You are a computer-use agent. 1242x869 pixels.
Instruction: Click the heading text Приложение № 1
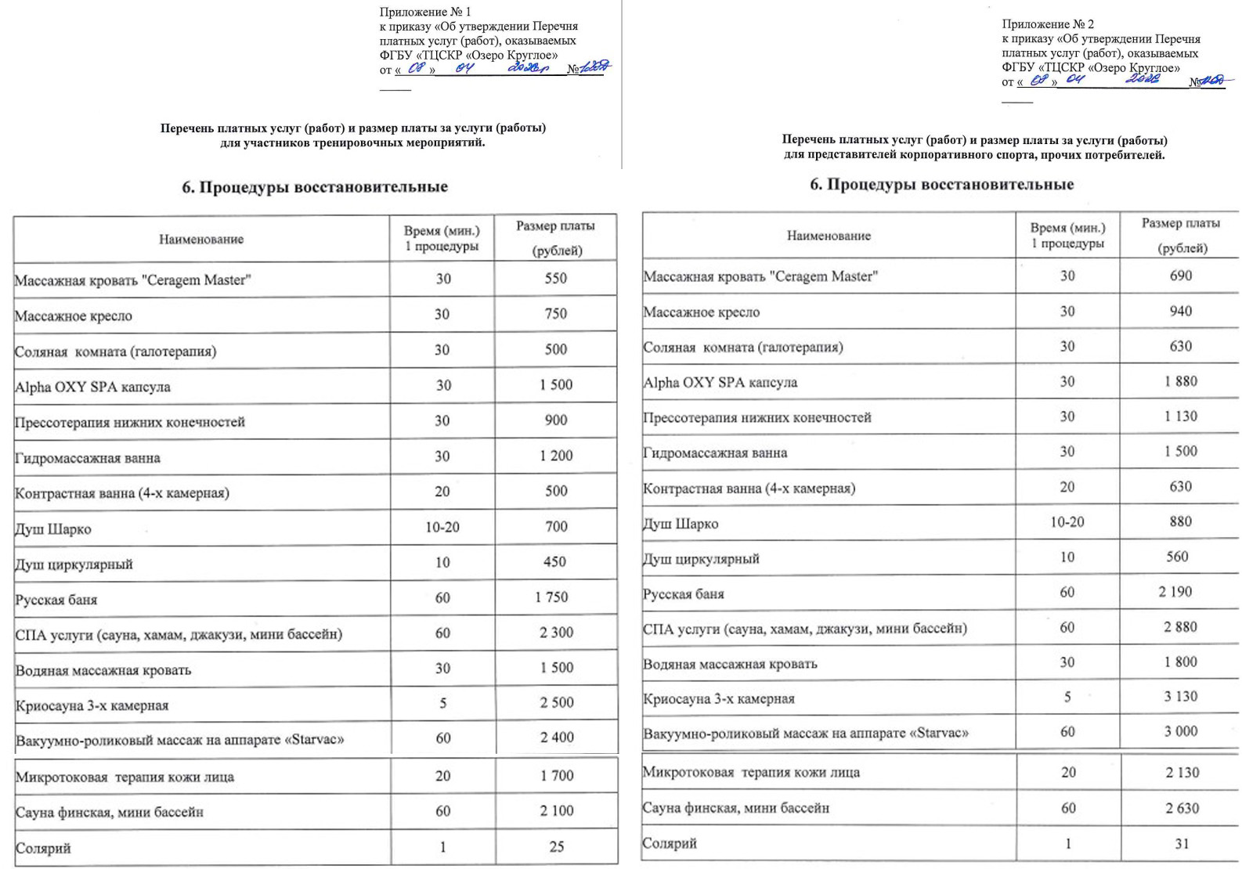(425, 12)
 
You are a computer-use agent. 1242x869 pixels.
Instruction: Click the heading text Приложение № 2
(1048, 24)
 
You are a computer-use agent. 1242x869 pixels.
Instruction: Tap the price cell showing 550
(555, 278)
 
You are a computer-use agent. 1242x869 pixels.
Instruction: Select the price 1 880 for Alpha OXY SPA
(1180, 381)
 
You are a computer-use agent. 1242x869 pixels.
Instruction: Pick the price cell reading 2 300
(556, 632)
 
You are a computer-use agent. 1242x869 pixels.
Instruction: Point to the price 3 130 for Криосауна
(1180, 696)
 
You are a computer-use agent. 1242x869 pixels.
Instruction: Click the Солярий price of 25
(556, 846)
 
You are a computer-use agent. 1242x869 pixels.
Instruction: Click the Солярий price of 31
(1181, 843)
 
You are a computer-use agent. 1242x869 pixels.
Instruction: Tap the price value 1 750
(551, 597)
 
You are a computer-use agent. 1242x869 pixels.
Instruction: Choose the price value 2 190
(1175, 592)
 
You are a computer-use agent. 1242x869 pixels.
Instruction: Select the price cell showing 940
(1180, 311)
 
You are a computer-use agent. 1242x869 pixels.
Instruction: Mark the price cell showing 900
(555, 420)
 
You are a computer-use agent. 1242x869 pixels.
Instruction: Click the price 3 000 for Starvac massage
(1180, 731)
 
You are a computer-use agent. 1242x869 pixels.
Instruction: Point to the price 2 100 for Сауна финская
(556, 811)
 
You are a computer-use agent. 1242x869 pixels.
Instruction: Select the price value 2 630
(1181, 808)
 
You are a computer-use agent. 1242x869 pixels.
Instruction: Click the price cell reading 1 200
(555, 455)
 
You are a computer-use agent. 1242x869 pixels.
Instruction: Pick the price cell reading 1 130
(1180, 416)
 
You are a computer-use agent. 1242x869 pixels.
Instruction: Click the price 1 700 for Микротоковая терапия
(556, 775)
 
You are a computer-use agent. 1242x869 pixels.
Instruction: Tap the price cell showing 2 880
(1180, 626)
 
